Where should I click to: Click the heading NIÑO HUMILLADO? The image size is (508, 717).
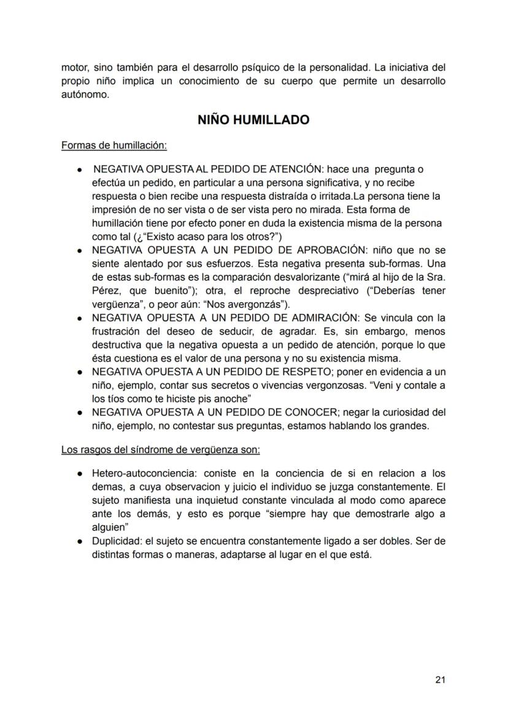253,120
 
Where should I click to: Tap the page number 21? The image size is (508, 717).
440,679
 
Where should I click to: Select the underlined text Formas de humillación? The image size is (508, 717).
114,145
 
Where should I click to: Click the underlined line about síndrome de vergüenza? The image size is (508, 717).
161,450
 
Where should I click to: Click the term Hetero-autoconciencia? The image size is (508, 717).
140,474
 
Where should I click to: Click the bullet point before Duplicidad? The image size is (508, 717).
80,541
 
